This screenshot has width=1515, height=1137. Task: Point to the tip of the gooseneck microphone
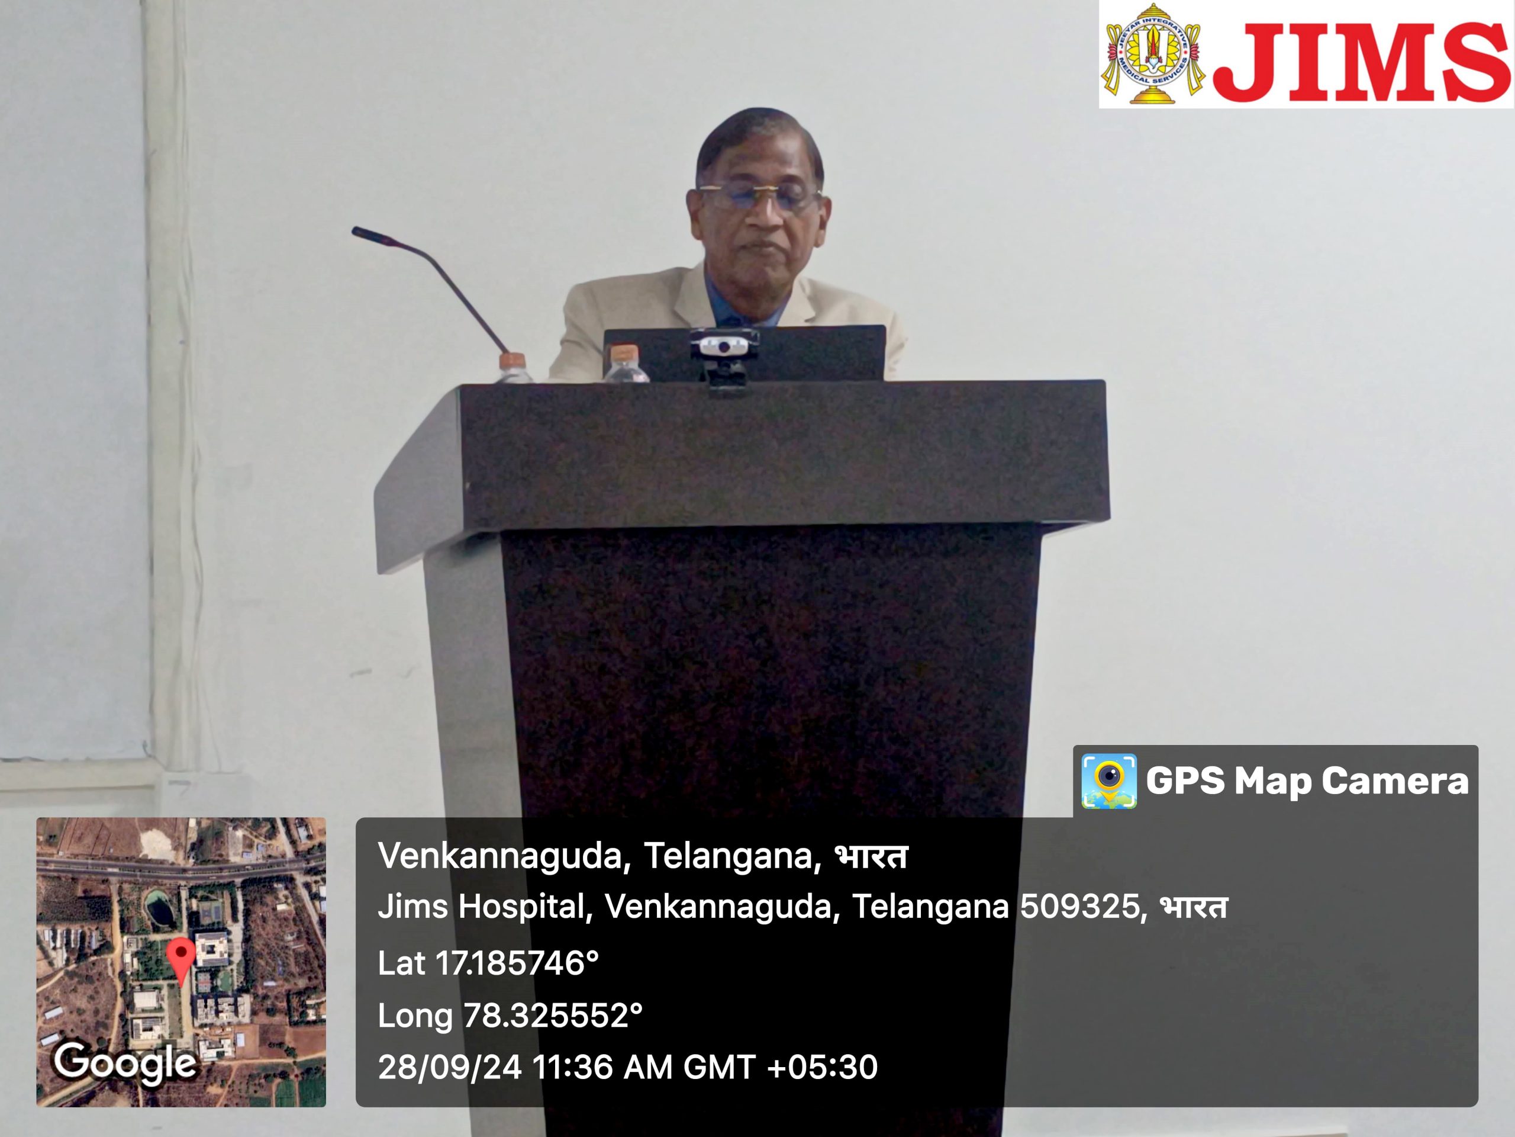click(x=356, y=232)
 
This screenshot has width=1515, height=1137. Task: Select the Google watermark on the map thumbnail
click(x=125, y=1063)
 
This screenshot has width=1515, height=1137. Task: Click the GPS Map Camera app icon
click(x=1109, y=781)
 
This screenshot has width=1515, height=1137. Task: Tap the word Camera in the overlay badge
click(x=1396, y=781)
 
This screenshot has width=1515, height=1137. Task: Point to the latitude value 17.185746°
click(x=517, y=963)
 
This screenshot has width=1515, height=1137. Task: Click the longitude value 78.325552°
click(x=553, y=1015)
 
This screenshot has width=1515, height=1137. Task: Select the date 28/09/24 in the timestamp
click(x=450, y=1067)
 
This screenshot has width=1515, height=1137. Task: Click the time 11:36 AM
click(x=602, y=1067)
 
